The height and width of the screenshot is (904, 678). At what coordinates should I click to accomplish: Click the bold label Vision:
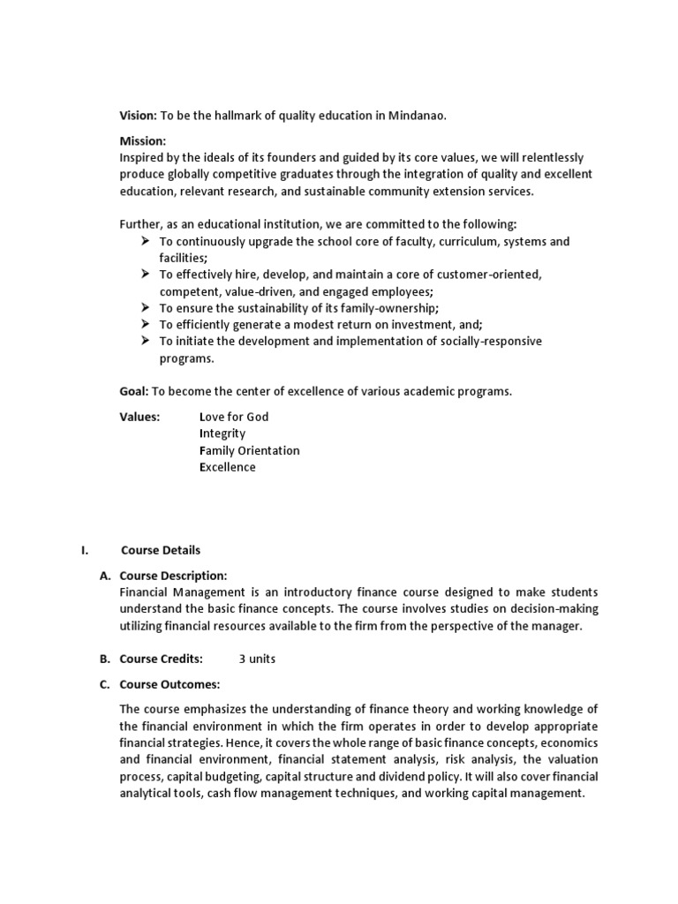coord(138,116)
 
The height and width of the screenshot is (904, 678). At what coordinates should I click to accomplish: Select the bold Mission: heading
coord(143,140)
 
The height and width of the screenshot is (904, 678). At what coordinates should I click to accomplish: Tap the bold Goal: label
coord(135,391)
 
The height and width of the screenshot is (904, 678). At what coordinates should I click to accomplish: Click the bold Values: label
coord(139,417)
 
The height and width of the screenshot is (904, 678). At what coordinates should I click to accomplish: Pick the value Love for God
coord(234,417)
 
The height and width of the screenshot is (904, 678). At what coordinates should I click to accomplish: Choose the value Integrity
coord(222,433)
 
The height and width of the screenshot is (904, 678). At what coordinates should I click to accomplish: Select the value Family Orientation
coord(250,450)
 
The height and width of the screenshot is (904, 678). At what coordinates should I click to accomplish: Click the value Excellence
coord(228,467)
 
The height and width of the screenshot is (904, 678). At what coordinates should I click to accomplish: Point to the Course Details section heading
coord(161,550)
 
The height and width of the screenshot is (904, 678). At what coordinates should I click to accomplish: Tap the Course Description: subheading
coord(174,576)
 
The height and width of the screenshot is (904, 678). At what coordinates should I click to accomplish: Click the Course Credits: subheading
coord(162,659)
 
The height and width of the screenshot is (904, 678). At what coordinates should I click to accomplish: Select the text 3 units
coord(257,659)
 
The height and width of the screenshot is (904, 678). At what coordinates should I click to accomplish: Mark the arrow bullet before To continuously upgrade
coord(146,241)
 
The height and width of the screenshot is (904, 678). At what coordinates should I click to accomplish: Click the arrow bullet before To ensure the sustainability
coord(146,308)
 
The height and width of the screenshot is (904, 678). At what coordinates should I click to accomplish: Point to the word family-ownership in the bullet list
coord(394,308)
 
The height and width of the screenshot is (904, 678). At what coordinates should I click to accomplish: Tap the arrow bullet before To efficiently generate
coord(146,325)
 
